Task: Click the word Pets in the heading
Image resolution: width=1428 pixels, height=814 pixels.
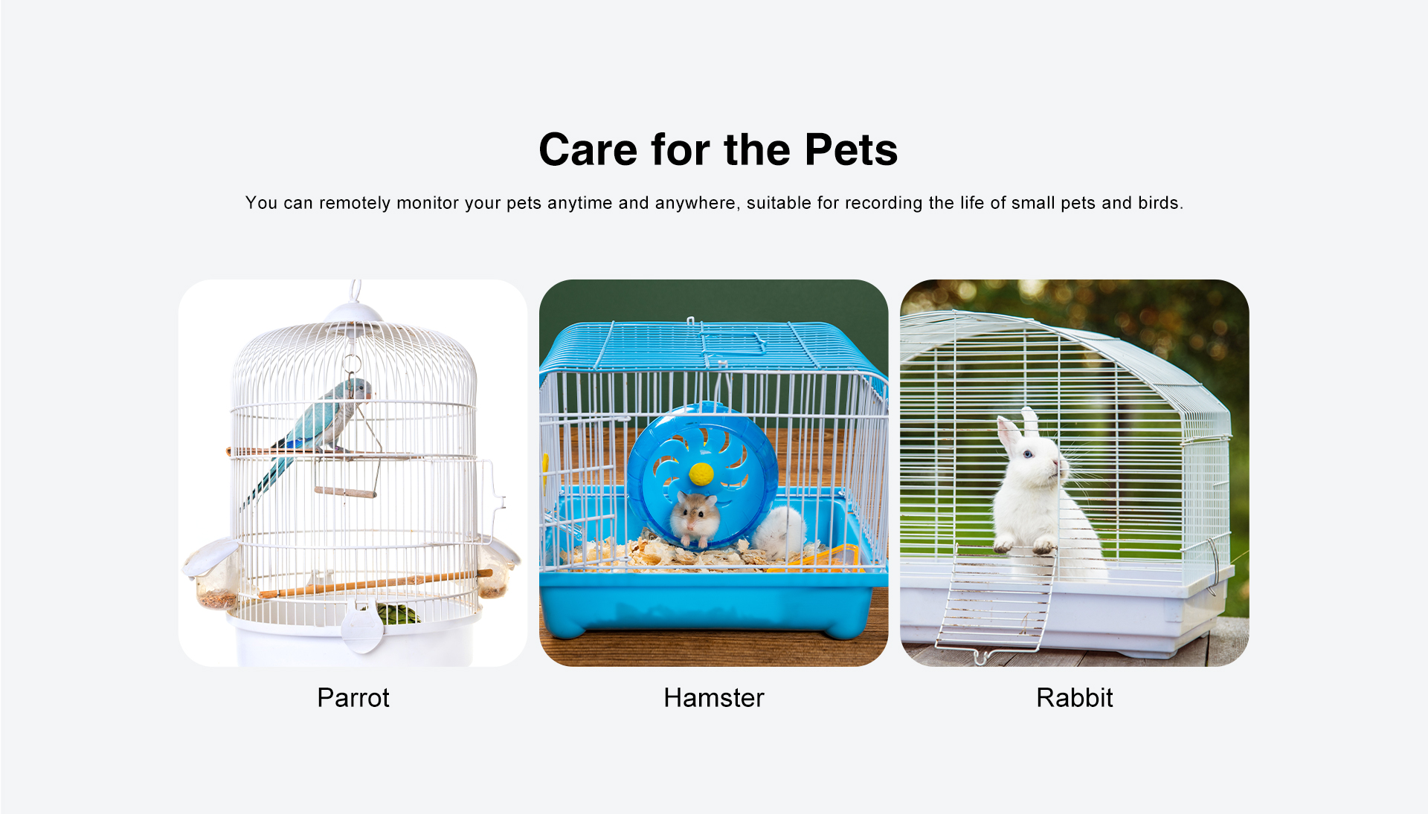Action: [851, 149]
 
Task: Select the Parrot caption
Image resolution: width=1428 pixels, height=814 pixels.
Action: [353, 698]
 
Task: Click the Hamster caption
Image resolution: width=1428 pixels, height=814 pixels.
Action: [714, 698]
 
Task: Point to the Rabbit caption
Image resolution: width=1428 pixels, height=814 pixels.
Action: [1075, 698]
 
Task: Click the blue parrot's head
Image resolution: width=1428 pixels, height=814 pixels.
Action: [358, 388]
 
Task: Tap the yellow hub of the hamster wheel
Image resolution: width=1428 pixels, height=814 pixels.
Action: [701, 474]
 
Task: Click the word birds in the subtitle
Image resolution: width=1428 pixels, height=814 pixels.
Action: [1159, 203]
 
